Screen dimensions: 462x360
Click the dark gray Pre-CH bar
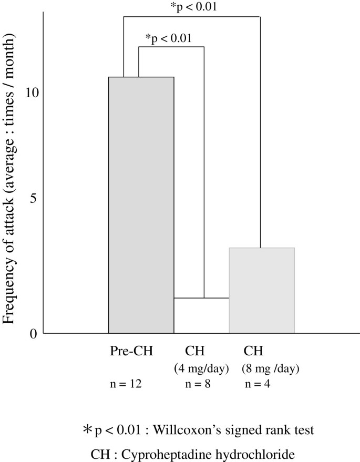(141, 205)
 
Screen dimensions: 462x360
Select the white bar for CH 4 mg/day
(201, 315)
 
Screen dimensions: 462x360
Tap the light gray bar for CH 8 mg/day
(261, 290)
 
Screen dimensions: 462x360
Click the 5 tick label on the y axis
(34, 199)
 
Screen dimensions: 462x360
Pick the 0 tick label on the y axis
(34, 333)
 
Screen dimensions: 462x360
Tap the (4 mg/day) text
(201, 368)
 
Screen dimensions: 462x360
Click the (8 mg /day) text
(270, 368)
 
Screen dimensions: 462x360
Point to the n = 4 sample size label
(258, 384)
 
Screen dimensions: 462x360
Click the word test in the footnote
(304, 430)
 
